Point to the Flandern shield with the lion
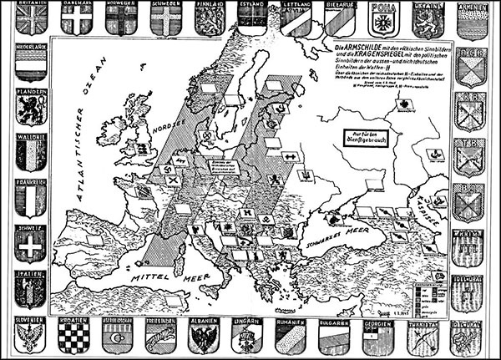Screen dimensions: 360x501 (31, 112)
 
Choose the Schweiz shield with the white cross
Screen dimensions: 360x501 (31, 243)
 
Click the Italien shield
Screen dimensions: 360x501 (31, 288)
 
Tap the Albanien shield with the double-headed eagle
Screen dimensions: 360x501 (204, 337)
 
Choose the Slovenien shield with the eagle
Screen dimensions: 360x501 (31, 337)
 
